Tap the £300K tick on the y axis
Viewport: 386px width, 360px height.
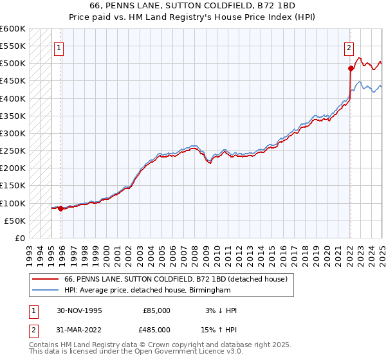point(13,134)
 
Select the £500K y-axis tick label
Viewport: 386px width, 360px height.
point(13,64)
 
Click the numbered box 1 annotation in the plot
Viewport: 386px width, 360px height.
point(59,47)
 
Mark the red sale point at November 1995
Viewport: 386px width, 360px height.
point(61,208)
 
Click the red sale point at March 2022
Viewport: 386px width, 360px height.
point(351,68)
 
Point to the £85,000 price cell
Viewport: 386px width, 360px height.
point(155,310)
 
